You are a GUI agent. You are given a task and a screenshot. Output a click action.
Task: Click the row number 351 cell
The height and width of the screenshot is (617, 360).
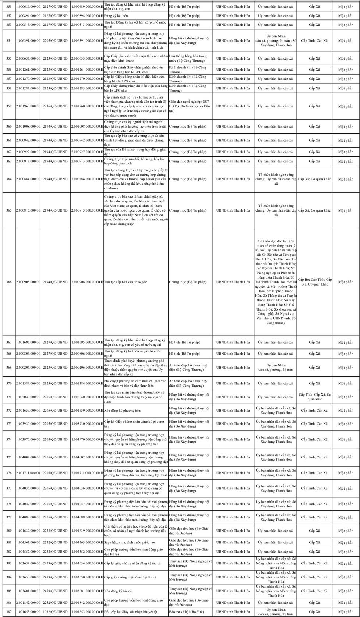tap(9, 7)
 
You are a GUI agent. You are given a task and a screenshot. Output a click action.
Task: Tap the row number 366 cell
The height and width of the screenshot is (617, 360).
tap(9, 282)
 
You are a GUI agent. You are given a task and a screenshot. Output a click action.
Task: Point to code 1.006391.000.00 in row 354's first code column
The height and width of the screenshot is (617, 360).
tap(28, 40)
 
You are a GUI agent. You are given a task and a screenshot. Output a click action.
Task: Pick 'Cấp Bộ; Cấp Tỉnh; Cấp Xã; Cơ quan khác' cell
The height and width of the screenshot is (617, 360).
tap(315, 282)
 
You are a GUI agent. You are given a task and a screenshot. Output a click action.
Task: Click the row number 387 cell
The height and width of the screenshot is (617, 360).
tap(9, 611)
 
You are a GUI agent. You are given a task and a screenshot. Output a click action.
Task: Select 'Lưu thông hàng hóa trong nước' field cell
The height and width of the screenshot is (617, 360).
tap(188, 58)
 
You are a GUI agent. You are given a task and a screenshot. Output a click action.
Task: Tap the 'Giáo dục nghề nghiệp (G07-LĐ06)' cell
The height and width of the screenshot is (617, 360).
tap(190, 106)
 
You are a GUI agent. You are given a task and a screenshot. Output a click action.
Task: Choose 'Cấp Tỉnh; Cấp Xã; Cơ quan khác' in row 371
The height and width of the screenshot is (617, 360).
tap(315, 397)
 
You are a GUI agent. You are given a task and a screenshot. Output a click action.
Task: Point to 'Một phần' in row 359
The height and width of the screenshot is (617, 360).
tap(346, 106)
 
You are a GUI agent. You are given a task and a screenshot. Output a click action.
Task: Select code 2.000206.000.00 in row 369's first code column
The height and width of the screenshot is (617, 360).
tap(28, 367)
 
